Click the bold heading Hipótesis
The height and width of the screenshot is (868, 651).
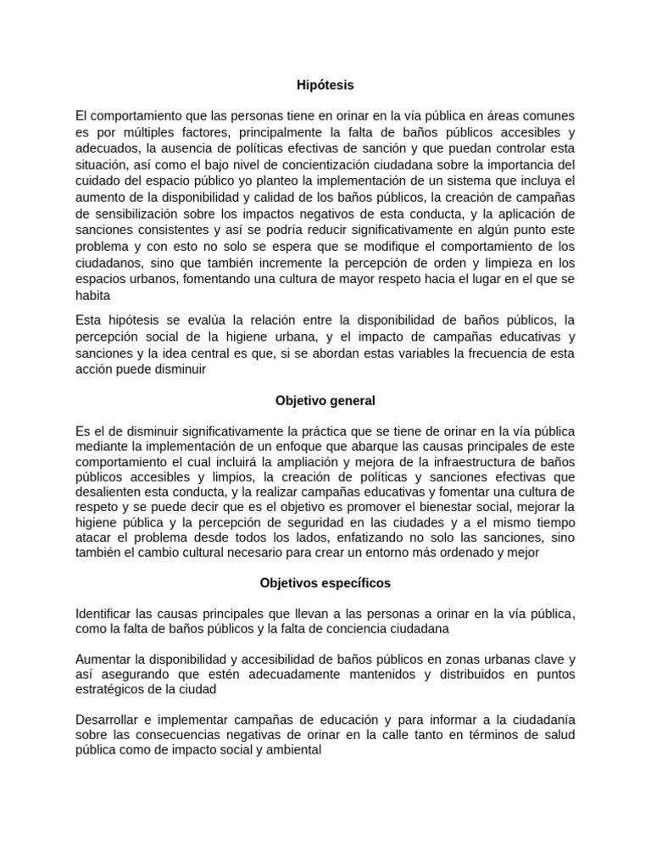(x=325, y=85)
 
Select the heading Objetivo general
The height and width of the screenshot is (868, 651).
(x=325, y=400)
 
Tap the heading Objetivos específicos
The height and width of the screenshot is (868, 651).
(x=325, y=584)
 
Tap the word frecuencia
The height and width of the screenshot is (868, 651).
(x=485, y=352)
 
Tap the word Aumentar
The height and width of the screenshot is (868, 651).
(x=105, y=659)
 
